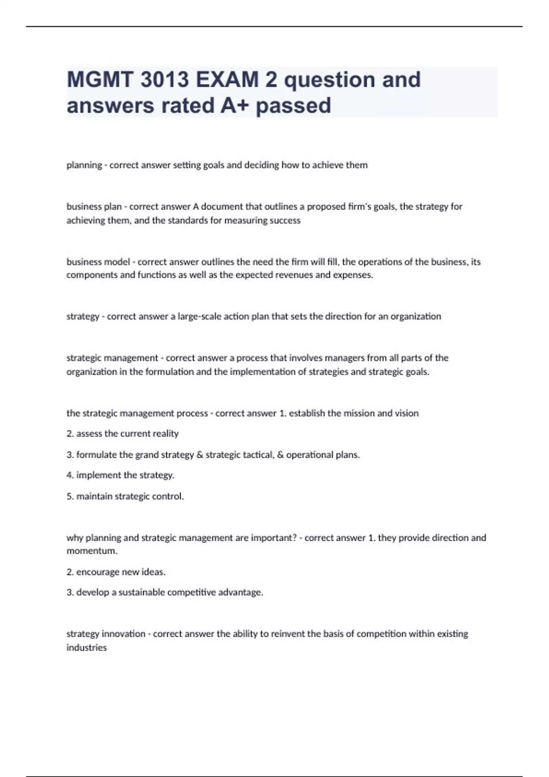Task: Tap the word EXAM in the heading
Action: pos(227,80)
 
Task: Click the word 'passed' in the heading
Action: pos(293,106)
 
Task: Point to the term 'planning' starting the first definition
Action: pos(84,165)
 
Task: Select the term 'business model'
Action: pos(98,262)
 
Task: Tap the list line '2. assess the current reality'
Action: pos(123,433)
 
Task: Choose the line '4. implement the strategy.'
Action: pos(120,475)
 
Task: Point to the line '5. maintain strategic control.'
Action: pos(125,496)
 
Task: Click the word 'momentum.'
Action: pos(92,551)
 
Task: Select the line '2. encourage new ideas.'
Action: pos(116,572)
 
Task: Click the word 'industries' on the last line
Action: pos(86,648)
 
